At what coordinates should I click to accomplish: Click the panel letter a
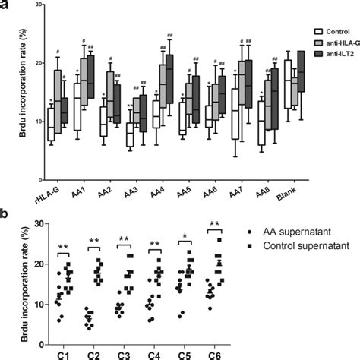click(x=8, y=6)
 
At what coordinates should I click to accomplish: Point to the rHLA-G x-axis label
click(x=59, y=180)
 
